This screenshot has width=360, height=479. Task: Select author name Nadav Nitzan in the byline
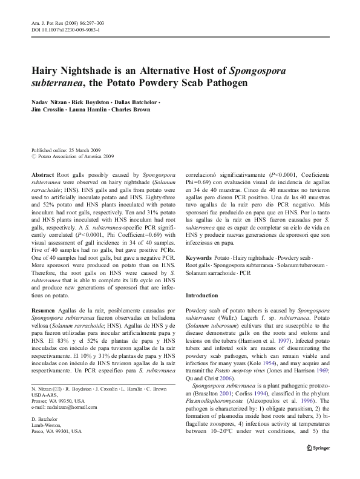click(50, 102)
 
